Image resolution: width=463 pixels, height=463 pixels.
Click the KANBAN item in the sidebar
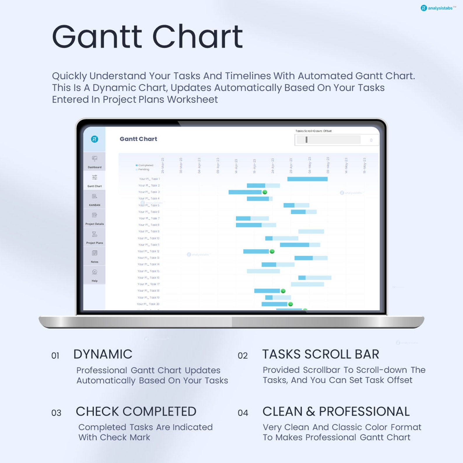click(x=94, y=199)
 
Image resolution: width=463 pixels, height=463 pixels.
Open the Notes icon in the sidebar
click(x=94, y=256)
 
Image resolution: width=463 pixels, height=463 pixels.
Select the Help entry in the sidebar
click(x=94, y=275)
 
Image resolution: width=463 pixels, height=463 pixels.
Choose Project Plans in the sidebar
click(x=94, y=237)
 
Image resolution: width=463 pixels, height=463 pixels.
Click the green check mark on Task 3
click(x=265, y=192)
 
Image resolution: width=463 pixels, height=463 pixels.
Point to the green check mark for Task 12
click(x=272, y=251)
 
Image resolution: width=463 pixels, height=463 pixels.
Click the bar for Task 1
click(x=307, y=179)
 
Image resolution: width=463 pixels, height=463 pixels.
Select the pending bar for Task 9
click(x=311, y=232)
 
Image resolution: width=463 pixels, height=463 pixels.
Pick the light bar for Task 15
click(x=263, y=271)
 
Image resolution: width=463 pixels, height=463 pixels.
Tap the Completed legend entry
click(x=144, y=165)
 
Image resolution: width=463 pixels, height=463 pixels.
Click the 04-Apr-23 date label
click(x=199, y=166)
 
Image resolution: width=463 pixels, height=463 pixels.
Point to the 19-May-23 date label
click(x=364, y=166)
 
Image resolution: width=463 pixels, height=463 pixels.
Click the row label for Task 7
click(x=149, y=218)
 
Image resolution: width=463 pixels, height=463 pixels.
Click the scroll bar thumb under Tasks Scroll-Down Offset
click(x=306, y=140)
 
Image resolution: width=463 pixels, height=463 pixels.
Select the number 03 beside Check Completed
click(x=56, y=413)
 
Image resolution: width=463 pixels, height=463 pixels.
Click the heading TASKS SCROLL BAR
click(x=321, y=354)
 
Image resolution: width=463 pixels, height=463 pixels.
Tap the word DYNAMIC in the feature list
click(x=103, y=354)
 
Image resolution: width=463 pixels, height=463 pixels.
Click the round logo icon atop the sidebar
click(x=94, y=139)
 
